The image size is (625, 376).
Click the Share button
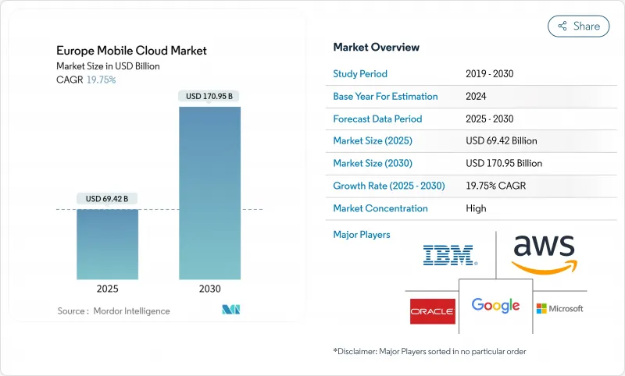[578, 26]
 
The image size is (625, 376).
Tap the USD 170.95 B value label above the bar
[209, 97]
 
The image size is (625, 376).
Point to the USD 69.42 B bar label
[107, 199]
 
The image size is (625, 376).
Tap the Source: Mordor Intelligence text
[113, 311]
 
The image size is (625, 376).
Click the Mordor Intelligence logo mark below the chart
[232, 310]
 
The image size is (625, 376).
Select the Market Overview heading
[376, 48]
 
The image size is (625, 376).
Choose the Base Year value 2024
[477, 97]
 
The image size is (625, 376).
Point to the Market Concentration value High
[476, 208]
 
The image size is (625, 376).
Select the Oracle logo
[432, 310]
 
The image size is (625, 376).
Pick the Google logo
[495, 305]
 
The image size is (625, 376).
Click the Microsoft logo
[559, 309]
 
